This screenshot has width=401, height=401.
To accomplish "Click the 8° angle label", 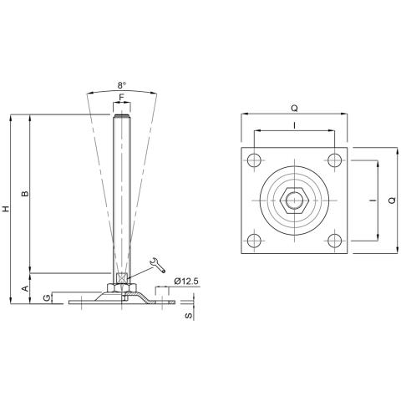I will pyautogui.click(x=123, y=85).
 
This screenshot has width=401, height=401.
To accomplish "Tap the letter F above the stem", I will pyautogui.click(x=123, y=98).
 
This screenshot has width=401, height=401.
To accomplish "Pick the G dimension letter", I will pyautogui.click(x=47, y=297).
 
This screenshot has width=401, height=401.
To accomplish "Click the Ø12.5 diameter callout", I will pyautogui.click(x=187, y=282).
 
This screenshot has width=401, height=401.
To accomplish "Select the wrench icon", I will pyautogui.click(x=155, y=266).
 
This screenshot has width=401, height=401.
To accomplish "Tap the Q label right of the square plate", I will pyautogui.click(x=393, y=201).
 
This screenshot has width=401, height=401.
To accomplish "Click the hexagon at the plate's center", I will pyautogui.click(x=294, y=201).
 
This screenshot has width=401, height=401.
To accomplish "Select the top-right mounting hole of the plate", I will pyautogui.click(x=335, y=160).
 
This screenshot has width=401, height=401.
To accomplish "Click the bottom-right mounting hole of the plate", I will pyautogui.click(x=335, y=241).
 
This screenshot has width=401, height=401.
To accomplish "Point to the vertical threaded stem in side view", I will pyautogui.click(x=123, y=192).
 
